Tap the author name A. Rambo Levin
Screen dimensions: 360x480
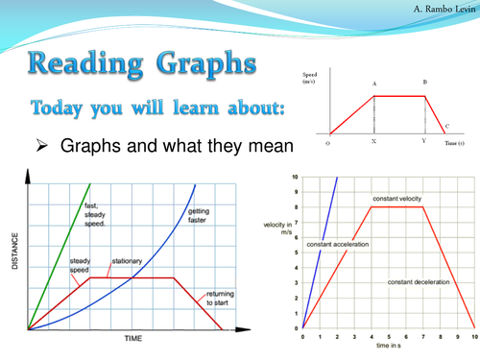tap(436, 9)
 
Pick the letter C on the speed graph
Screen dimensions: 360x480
tap(446, 124)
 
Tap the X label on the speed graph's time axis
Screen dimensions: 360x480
tap(373, 141)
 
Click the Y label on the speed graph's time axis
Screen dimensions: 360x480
tap(422, 141)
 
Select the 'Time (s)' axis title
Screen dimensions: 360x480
tap(457, 141)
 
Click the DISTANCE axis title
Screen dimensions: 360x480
tap(13, 252)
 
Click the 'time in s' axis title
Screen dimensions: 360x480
tap(388, 352)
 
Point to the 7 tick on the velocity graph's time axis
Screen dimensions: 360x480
tap(423, 338)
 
